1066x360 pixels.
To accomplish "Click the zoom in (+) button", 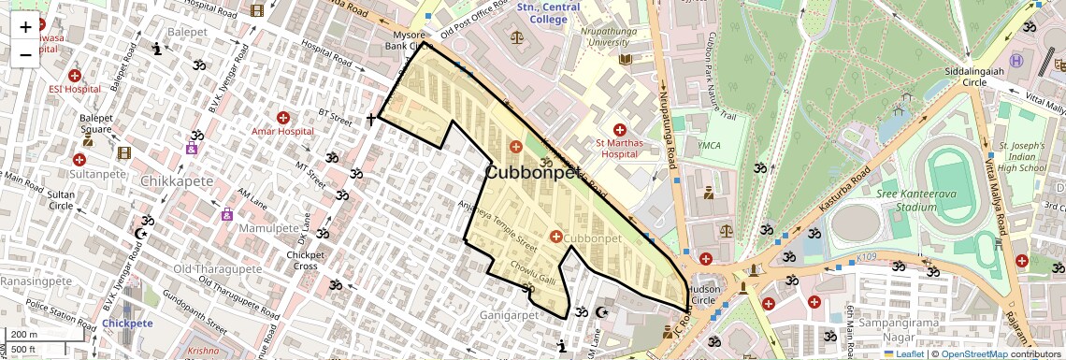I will pos(25,26).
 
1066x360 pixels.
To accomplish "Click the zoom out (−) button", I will pos(25,54).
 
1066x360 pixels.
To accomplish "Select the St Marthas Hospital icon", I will pos(618,128).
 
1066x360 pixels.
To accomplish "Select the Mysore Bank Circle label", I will pos(409,40).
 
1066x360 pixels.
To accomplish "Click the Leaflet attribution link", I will pos(906,354).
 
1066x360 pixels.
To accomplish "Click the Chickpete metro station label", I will pos(127,324).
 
